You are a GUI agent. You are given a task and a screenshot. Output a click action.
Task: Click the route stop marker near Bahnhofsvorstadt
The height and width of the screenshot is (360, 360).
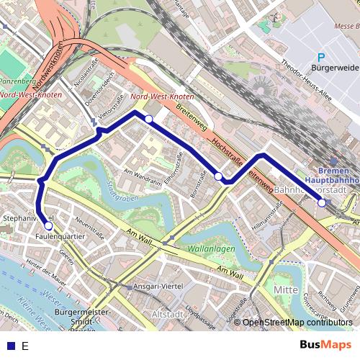(x=321, y=202)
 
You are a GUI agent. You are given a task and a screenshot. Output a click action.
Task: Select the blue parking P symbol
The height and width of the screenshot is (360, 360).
(x=321, y=58)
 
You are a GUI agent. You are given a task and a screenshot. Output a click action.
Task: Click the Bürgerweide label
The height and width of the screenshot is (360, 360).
(x=334, y=68)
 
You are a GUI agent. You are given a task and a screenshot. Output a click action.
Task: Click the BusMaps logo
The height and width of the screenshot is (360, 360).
(x=326, y=345)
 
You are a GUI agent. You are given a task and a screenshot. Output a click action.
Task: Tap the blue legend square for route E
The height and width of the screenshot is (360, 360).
(x=9, y=346)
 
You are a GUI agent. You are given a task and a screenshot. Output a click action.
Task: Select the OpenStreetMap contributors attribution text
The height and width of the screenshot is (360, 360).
(x=297, y=323)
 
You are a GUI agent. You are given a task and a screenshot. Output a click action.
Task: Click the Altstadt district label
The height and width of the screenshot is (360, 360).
(x=170, y=314)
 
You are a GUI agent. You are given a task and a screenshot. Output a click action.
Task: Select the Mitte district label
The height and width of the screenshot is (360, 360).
(x=287, y=289)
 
